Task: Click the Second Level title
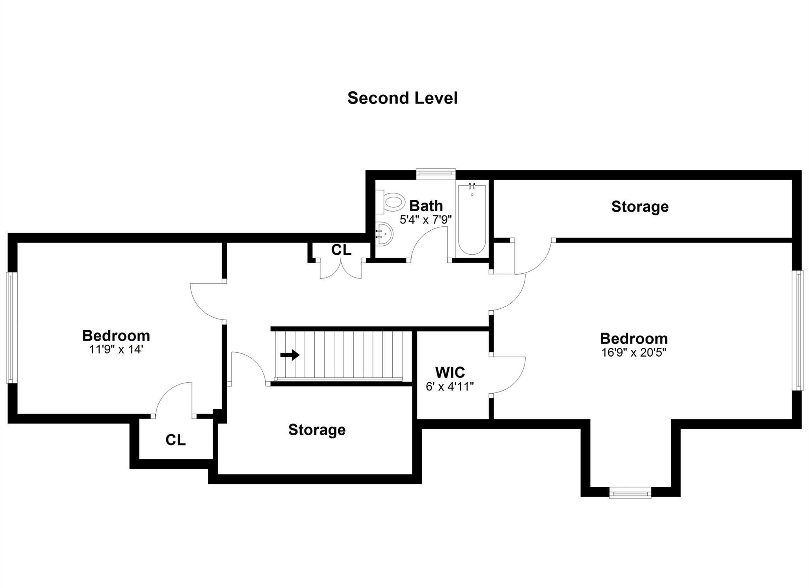(x=402, y=98)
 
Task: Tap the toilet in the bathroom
(x=391, y=202)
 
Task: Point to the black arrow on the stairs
(x=290, y=355)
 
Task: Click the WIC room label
(x=450, y=372)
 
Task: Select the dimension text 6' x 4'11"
(x=450, y=386)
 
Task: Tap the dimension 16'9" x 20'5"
(x=634, y=352)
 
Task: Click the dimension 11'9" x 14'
(x=116, y=349)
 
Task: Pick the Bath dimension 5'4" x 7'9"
(x=425, y=220)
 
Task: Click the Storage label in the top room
(x=640, y=207)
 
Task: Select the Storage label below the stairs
(x=317, y=430)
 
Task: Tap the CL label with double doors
(x=341, y=250)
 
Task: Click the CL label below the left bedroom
(x=175, y=440)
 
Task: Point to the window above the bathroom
(x=436, y=173)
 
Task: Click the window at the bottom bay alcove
(x=630, y=492)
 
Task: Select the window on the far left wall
(x=10, y=327)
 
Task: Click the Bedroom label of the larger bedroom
(x=634, y=338)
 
